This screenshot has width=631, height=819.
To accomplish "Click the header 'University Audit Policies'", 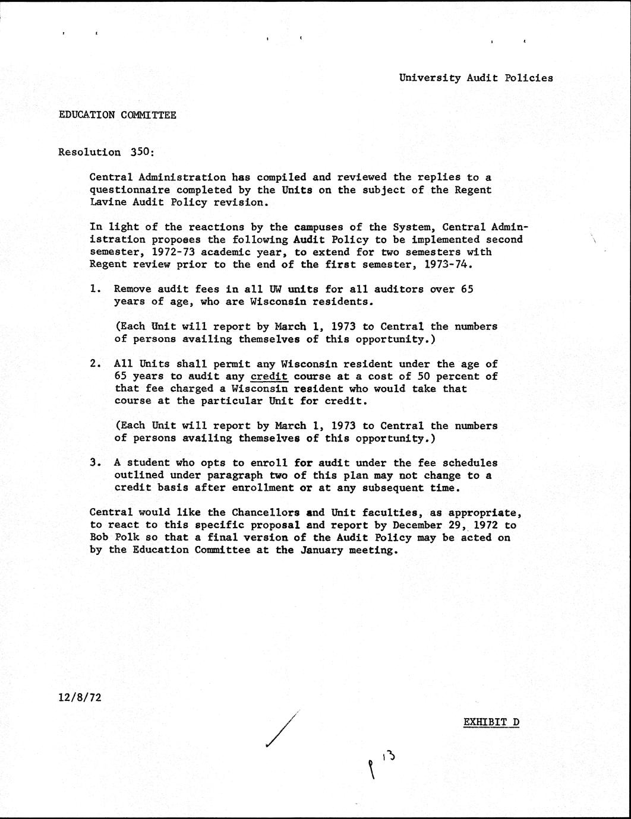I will (475, 78).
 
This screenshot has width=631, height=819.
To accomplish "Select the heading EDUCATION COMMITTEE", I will (117, 115).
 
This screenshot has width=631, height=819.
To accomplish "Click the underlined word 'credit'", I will (269, 376).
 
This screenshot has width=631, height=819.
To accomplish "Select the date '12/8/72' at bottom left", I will (80, 697).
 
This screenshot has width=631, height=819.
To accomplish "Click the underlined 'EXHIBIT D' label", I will (491, 722).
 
